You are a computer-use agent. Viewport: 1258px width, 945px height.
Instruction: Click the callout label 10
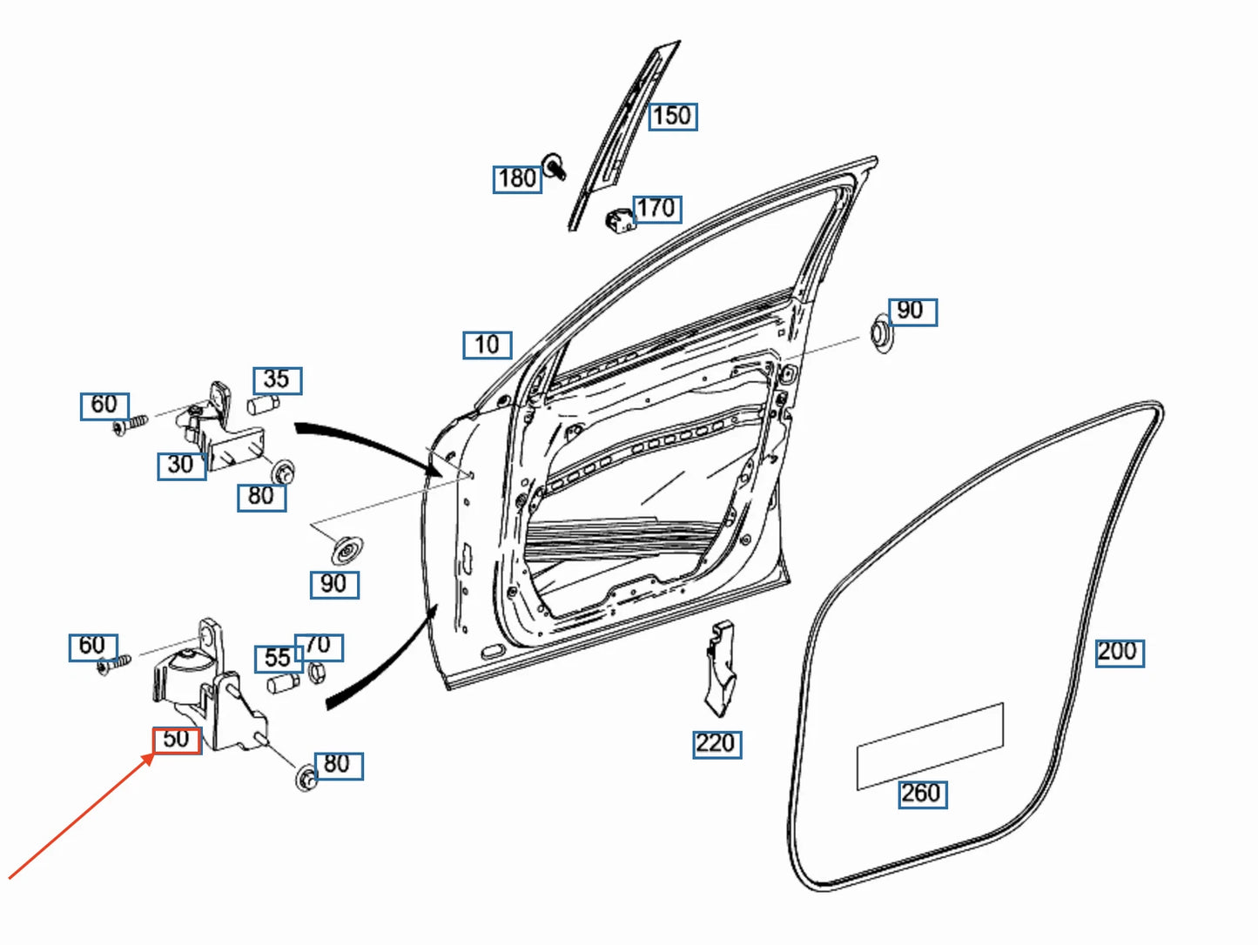(487, 345)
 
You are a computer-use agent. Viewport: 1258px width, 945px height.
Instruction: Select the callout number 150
(672, 116)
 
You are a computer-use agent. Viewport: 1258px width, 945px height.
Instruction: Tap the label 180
(517, 178)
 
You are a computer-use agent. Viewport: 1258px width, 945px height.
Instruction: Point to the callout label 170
(656, 208)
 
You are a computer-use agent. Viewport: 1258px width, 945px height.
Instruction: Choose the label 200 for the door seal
(1118, 652)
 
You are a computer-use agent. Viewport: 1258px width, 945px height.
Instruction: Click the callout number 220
(716, 744)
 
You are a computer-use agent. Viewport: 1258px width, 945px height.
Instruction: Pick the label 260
(922, 794)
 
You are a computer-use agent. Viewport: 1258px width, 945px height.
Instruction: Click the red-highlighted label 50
(177, 740)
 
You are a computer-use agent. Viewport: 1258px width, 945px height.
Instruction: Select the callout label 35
(277, 380)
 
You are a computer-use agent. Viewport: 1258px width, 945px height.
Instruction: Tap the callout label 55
(278, 659)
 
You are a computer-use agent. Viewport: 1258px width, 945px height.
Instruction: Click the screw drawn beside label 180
(554, 165)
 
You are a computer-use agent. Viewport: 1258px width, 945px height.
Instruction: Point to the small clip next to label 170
(618, 220)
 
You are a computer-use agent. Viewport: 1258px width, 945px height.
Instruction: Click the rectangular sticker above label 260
(930, 746)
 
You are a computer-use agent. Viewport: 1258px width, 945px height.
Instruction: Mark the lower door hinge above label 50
(209, 687)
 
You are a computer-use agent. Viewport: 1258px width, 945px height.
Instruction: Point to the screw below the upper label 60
(128, 425)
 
